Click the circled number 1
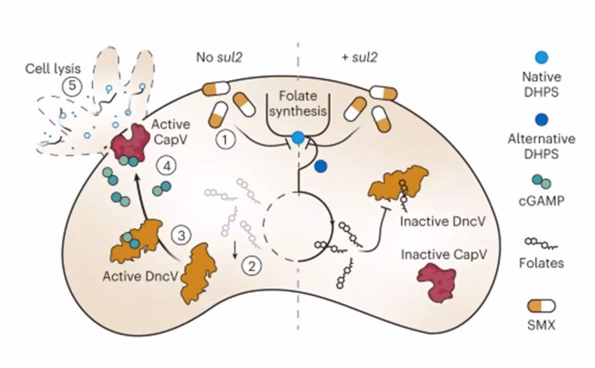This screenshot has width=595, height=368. pyautogui.click(x=225, y=140)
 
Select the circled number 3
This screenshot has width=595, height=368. pyautogui.click(x=182, y=236)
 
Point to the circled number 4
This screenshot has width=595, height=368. pyautogui.click(x=167, y=167)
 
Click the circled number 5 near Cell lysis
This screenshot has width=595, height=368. pyautogui.click(x=71, y=86)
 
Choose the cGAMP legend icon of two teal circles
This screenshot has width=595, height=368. pyautogui.click(x=542, y=182)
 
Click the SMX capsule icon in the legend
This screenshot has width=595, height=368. pyautogui.click(x=542, y=306)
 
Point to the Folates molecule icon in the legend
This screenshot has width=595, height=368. pyautogui.click(x=542, y=243)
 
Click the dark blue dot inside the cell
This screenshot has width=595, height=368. pyautogui.click(x=320, y=166)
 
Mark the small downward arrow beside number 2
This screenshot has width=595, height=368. pyautogui.click(x=235, y=252)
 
